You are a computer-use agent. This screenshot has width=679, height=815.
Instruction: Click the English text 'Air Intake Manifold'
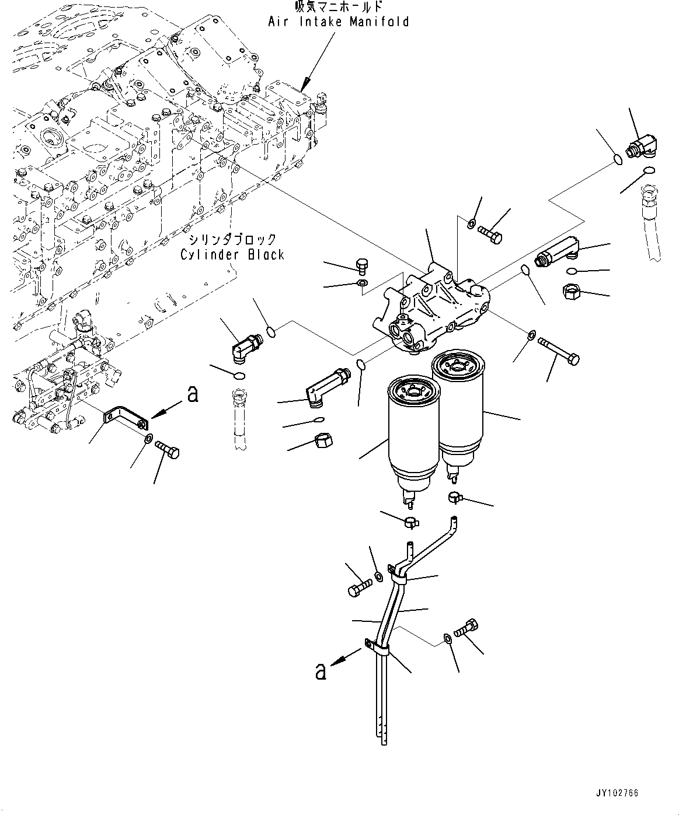[339, 22]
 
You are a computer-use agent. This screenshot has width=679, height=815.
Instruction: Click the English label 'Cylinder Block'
[232, 254]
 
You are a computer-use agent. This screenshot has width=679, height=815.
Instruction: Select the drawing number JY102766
[617, 793]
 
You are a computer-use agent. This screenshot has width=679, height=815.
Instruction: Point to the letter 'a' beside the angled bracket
[193, 394]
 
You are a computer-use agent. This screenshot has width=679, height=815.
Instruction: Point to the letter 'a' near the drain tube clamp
[321, 671]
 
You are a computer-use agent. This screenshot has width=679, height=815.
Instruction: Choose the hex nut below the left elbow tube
[323, 442]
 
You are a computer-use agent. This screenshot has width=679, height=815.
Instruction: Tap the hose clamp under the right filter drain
[455, 496]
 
